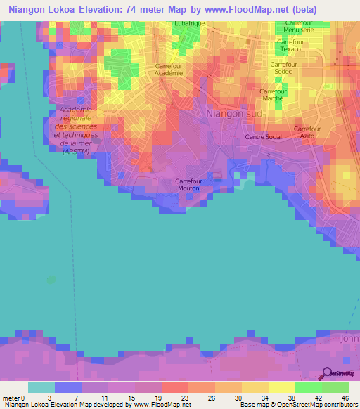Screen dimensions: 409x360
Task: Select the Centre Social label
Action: point(263,137)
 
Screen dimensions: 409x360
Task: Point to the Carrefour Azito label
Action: point(307,133)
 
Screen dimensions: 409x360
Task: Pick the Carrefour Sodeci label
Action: point(285,68)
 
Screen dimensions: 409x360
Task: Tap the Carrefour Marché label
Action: point(273,95)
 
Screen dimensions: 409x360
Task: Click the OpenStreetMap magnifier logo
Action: point(327,373)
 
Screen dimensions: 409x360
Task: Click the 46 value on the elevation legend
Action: point(345,398)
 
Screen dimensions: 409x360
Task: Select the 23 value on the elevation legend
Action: point(167,398)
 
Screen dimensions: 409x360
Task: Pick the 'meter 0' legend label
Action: point(13,398)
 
